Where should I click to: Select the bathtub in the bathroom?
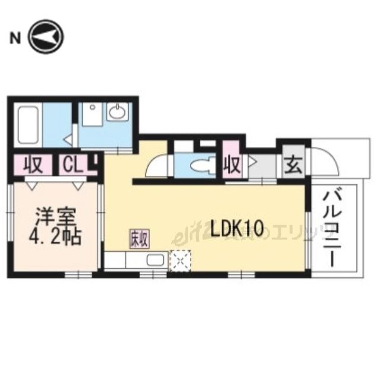[x=27, y=124]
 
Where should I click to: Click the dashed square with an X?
[x=178, y=261]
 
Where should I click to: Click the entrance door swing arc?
[x=325, y=160]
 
